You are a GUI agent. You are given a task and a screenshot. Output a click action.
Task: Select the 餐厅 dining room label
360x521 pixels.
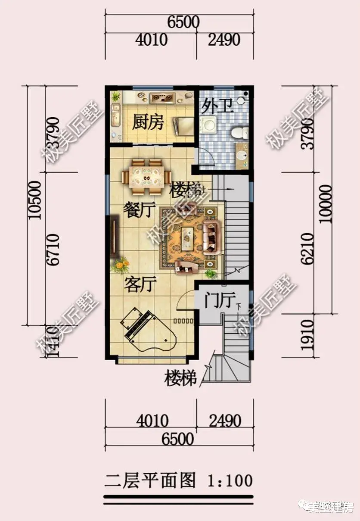(139, 211)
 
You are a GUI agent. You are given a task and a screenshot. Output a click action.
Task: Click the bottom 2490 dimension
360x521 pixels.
(224, 421)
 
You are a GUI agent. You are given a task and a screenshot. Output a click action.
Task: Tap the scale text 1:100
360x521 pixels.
(230, 480)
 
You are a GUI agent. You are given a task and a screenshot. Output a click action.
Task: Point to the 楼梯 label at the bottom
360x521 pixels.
(180, 379)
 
